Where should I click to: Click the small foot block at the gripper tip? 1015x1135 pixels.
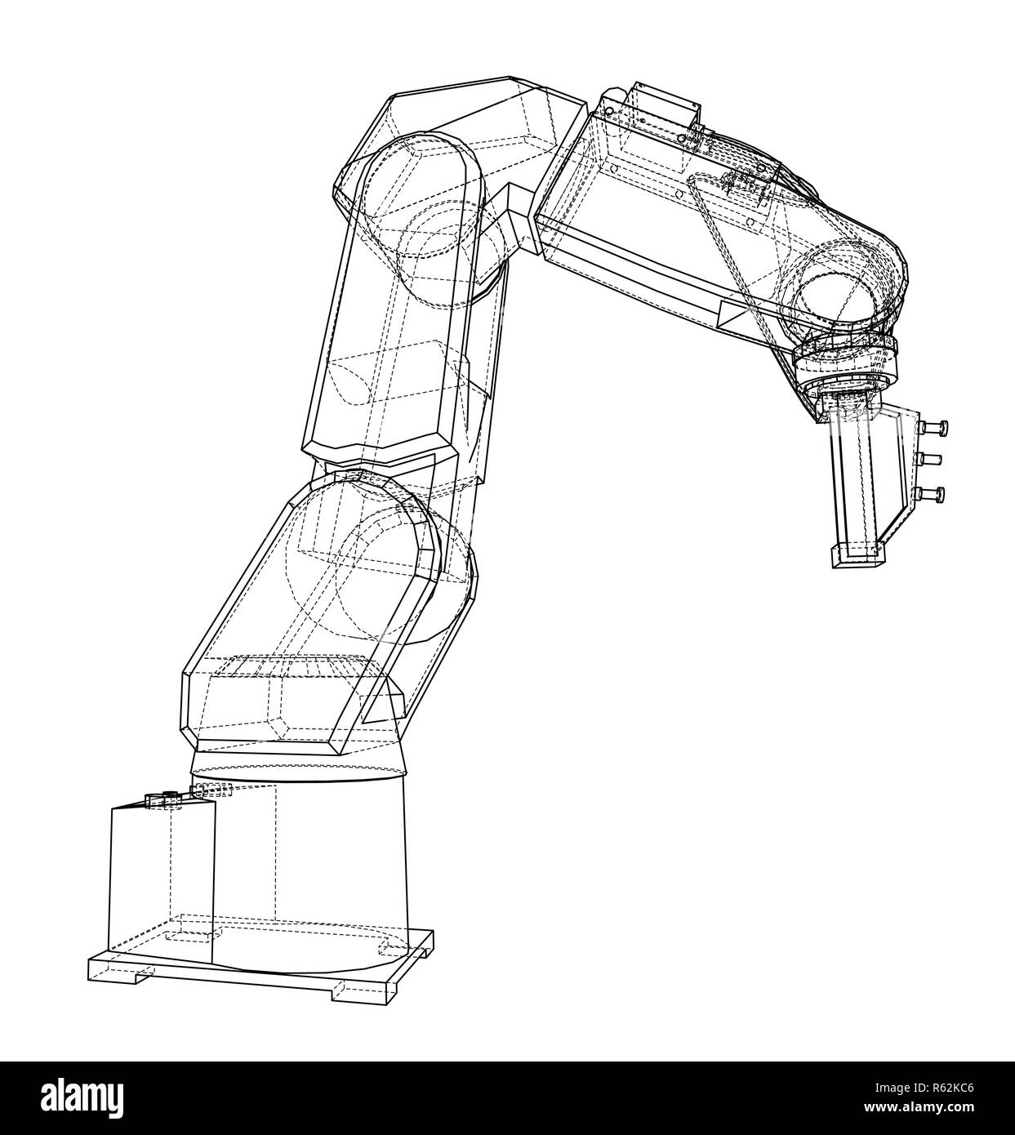click(857, 555)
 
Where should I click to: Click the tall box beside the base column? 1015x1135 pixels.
click(161, 882)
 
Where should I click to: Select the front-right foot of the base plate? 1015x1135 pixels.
click(346, 990)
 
